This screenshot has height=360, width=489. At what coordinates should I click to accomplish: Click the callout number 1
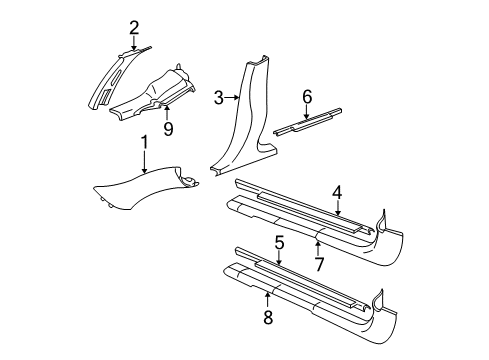(x=144, y=144)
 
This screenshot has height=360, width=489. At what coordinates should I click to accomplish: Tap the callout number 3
(x=218, y=97)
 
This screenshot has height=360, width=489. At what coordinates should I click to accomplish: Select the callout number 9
(x=169, y=128)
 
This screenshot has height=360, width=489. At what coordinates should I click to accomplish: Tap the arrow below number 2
(x=134, y=42)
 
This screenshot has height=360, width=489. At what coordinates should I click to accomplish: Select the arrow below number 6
(x=308, y=110)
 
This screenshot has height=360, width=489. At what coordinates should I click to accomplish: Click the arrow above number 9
(x=169, y=113)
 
